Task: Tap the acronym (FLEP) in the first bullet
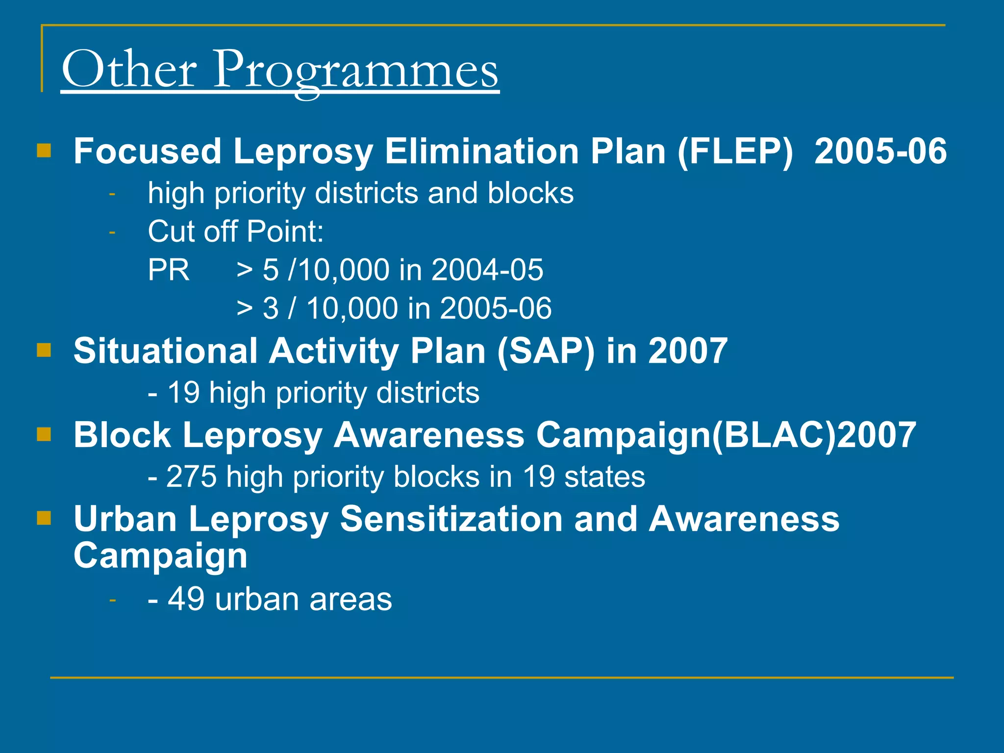(735, 151)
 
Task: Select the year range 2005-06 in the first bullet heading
(880, 151)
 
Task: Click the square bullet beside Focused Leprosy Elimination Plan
(44, 151)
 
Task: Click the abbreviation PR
(168, 270)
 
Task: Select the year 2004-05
(487, 270)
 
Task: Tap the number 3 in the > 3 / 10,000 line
(271, 308)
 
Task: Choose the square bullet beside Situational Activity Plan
(44, 351)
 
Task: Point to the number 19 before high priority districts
(183, 393)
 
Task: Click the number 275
(191, 477)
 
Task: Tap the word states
(604, 477)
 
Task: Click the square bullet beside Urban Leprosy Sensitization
(44, 518)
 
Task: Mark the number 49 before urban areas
(186, 599)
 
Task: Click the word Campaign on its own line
(160, 555)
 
